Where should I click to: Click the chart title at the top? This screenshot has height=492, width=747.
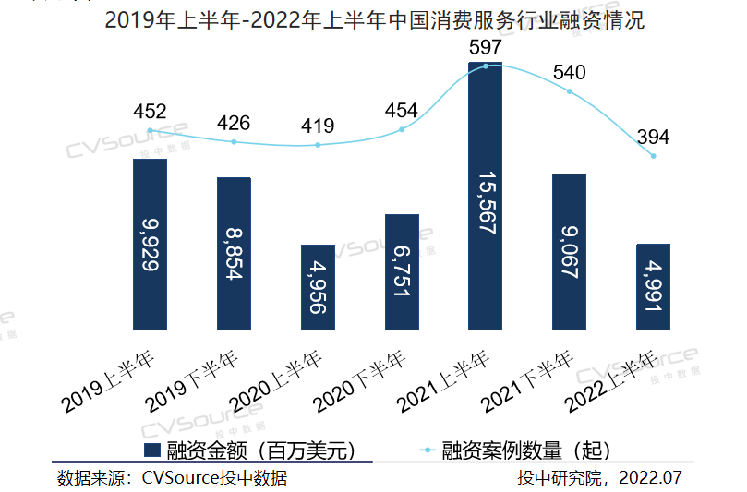(374, 20)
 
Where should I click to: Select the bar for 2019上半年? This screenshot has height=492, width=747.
(151, 244)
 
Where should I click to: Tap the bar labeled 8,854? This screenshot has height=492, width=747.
(234, 253)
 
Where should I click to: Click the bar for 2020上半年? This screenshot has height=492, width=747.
(318, 287)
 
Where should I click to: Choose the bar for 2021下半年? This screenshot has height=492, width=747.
(569, 251)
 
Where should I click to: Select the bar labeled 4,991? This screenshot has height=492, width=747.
(653, 286)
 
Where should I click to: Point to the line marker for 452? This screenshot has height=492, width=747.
(151, 131)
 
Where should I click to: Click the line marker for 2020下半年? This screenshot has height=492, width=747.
(402, 129)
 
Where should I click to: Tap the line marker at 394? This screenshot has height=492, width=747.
(653, 155)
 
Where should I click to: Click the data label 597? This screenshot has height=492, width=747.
(486, 46)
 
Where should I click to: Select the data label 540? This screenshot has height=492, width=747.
(569, 73)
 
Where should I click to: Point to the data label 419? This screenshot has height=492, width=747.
(318, 126)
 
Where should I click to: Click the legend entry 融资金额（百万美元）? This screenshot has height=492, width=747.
(249, 450)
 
